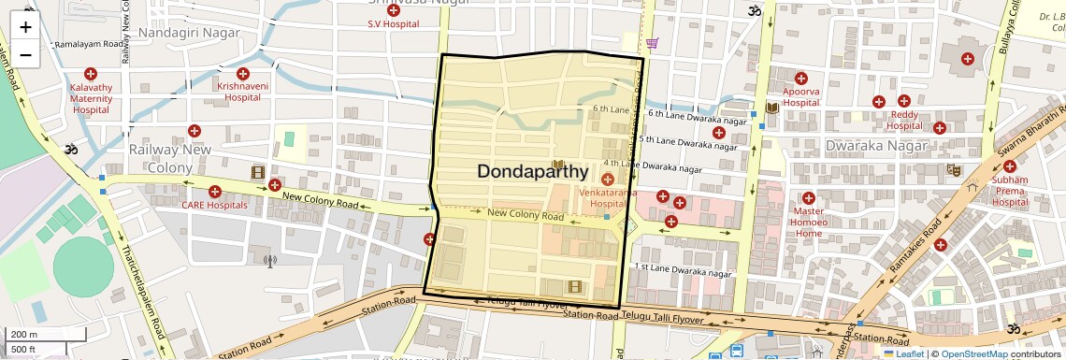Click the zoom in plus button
pos(25,26)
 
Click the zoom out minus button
pos(25,54)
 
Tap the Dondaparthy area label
pos(533,172)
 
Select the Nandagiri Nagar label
pos(189,32)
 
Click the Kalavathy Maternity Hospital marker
pos(91,74)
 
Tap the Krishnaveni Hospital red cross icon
pos(243,74)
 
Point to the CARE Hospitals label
pos(215,205)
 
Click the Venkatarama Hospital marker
pos(608,179)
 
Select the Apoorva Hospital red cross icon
pos(800,79)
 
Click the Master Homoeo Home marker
pos(809,198)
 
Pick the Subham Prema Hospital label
pos(1010,190)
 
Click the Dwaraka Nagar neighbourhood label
pos(876,146)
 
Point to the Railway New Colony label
pos(170,158)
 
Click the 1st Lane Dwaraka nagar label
pos(683,270)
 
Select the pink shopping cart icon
pos(652,43)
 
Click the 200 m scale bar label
pos(24,335)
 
